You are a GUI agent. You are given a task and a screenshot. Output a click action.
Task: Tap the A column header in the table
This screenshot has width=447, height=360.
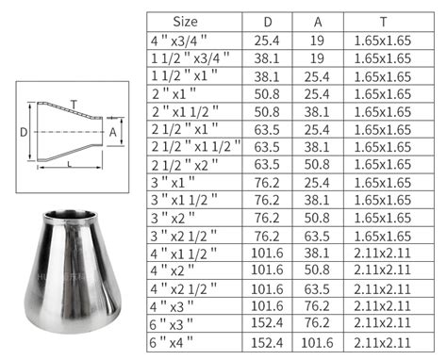(x=313, y=21)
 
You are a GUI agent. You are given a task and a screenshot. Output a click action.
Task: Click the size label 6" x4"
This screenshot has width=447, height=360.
(x=174, y=341)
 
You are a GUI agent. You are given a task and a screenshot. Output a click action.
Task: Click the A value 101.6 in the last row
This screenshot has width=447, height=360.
(x=313, y=341)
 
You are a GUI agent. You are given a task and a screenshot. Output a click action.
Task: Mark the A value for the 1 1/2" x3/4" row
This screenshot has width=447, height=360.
(x=313, y=57)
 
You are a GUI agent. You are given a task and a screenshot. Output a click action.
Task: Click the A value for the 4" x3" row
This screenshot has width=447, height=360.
(x=313, y=306)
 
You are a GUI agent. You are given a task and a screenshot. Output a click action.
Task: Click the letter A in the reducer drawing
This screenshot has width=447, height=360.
(x=114, y=133)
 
